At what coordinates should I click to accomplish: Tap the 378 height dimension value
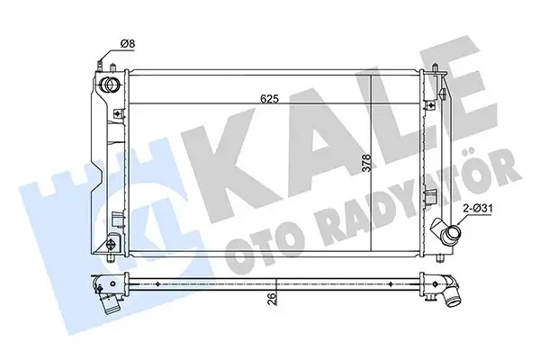341,163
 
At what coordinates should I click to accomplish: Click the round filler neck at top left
112,85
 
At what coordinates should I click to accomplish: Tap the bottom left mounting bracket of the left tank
112,245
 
